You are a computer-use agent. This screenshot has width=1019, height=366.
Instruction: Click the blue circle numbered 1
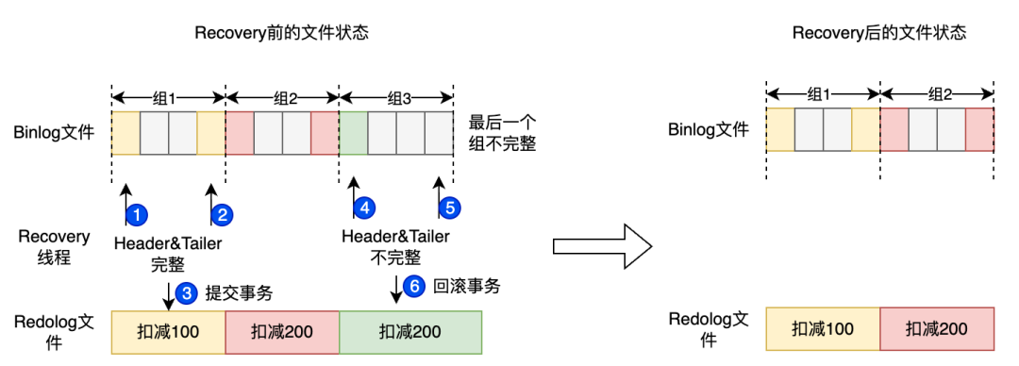[137, 214]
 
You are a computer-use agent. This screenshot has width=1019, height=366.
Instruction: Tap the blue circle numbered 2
[223, 214]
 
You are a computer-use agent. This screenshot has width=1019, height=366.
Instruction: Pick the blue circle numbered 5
[450, 207]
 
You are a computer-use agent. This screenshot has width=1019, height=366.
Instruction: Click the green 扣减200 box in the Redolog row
[410, 331]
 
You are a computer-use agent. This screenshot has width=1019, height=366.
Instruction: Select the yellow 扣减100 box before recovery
[168, 331]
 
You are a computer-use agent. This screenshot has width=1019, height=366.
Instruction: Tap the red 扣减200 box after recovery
[936, 329]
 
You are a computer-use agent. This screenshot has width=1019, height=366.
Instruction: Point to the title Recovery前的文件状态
[281, 33]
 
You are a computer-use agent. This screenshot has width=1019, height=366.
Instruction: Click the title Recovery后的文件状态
[879, 33]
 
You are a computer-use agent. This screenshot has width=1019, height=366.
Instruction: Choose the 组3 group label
[395, 96]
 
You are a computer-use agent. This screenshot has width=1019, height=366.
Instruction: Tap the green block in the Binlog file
[353, 133]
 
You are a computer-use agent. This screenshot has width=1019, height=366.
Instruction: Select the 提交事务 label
[239, 293]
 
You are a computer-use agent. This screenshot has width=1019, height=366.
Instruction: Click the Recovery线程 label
[54, 247]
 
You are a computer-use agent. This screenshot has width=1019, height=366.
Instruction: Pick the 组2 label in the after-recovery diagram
[936, 93]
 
